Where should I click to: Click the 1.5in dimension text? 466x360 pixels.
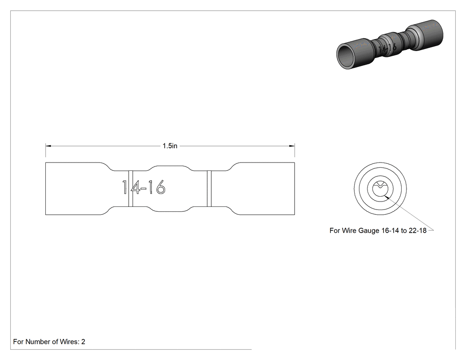[170, 146]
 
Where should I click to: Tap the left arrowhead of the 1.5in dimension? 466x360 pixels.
[48, 146]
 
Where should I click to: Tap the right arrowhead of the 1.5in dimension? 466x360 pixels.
[292, 146]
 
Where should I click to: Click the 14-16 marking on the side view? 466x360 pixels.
[143, 187]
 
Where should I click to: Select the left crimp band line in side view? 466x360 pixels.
[130, 189]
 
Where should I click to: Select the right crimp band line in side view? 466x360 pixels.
[209, 189]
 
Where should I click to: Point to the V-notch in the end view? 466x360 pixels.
[380, 186]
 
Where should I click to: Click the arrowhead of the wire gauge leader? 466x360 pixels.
[386, 197]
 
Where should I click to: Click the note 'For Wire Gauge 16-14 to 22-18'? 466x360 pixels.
[378, 230]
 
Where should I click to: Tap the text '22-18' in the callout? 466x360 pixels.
[418, 230]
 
